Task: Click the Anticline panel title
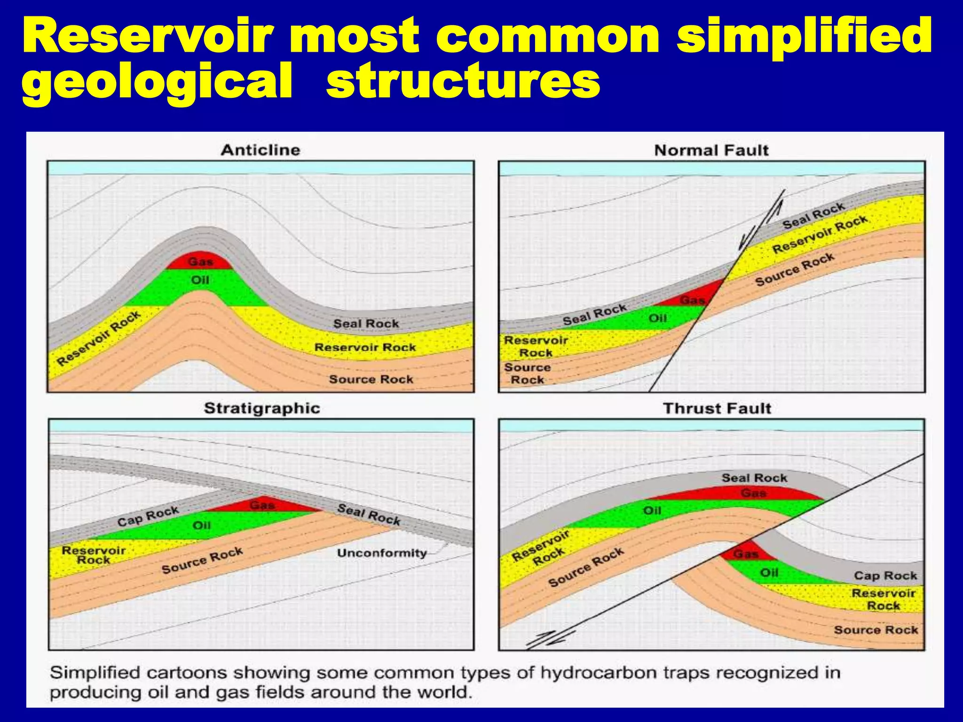[260, 150]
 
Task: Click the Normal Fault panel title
[711, 150]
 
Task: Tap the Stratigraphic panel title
[262, 408]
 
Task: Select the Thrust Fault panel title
[717, 408]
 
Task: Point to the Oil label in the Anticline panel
[200, 280]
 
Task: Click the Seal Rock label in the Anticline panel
[366, 323]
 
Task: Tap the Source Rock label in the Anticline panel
[371, 379]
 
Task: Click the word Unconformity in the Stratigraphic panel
[382, 553]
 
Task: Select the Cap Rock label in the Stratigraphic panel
[148, 516]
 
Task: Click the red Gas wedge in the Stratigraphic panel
[262, 505]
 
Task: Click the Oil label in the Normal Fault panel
[657, 318]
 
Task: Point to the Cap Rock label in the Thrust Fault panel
[885, 575]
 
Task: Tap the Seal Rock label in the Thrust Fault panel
[754, 478]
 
